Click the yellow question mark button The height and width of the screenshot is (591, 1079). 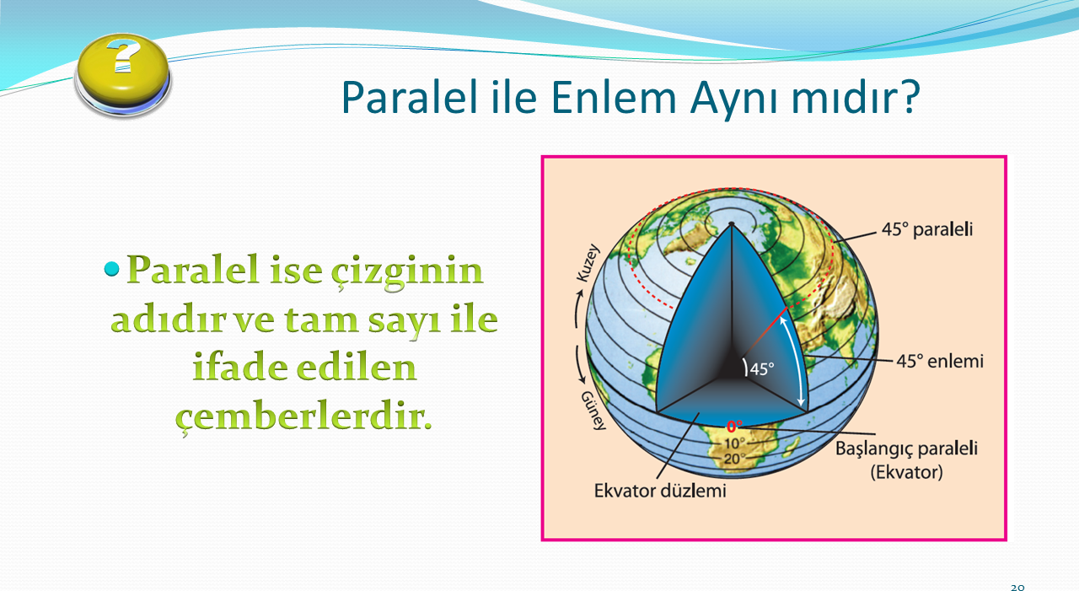123,75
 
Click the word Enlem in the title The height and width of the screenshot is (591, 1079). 614,98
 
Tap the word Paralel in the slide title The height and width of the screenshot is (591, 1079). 409,97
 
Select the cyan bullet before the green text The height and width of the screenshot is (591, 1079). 111,269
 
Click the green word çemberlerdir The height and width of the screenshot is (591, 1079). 303,417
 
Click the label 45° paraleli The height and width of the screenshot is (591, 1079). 927,229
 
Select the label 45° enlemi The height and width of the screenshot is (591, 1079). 940,361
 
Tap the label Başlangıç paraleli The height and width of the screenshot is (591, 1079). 906,449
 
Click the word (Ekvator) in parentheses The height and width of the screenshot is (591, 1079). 906,472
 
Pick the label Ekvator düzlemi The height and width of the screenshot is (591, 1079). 660,491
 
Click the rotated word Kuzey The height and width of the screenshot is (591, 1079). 588,263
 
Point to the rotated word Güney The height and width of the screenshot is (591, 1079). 593,411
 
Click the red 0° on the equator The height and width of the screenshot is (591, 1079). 734,427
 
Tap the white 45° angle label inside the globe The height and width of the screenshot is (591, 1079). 762,369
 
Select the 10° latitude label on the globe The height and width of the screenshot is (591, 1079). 734,443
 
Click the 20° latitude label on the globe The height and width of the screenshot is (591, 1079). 734,459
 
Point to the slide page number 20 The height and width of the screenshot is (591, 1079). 1017,587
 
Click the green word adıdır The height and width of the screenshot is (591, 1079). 168,320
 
